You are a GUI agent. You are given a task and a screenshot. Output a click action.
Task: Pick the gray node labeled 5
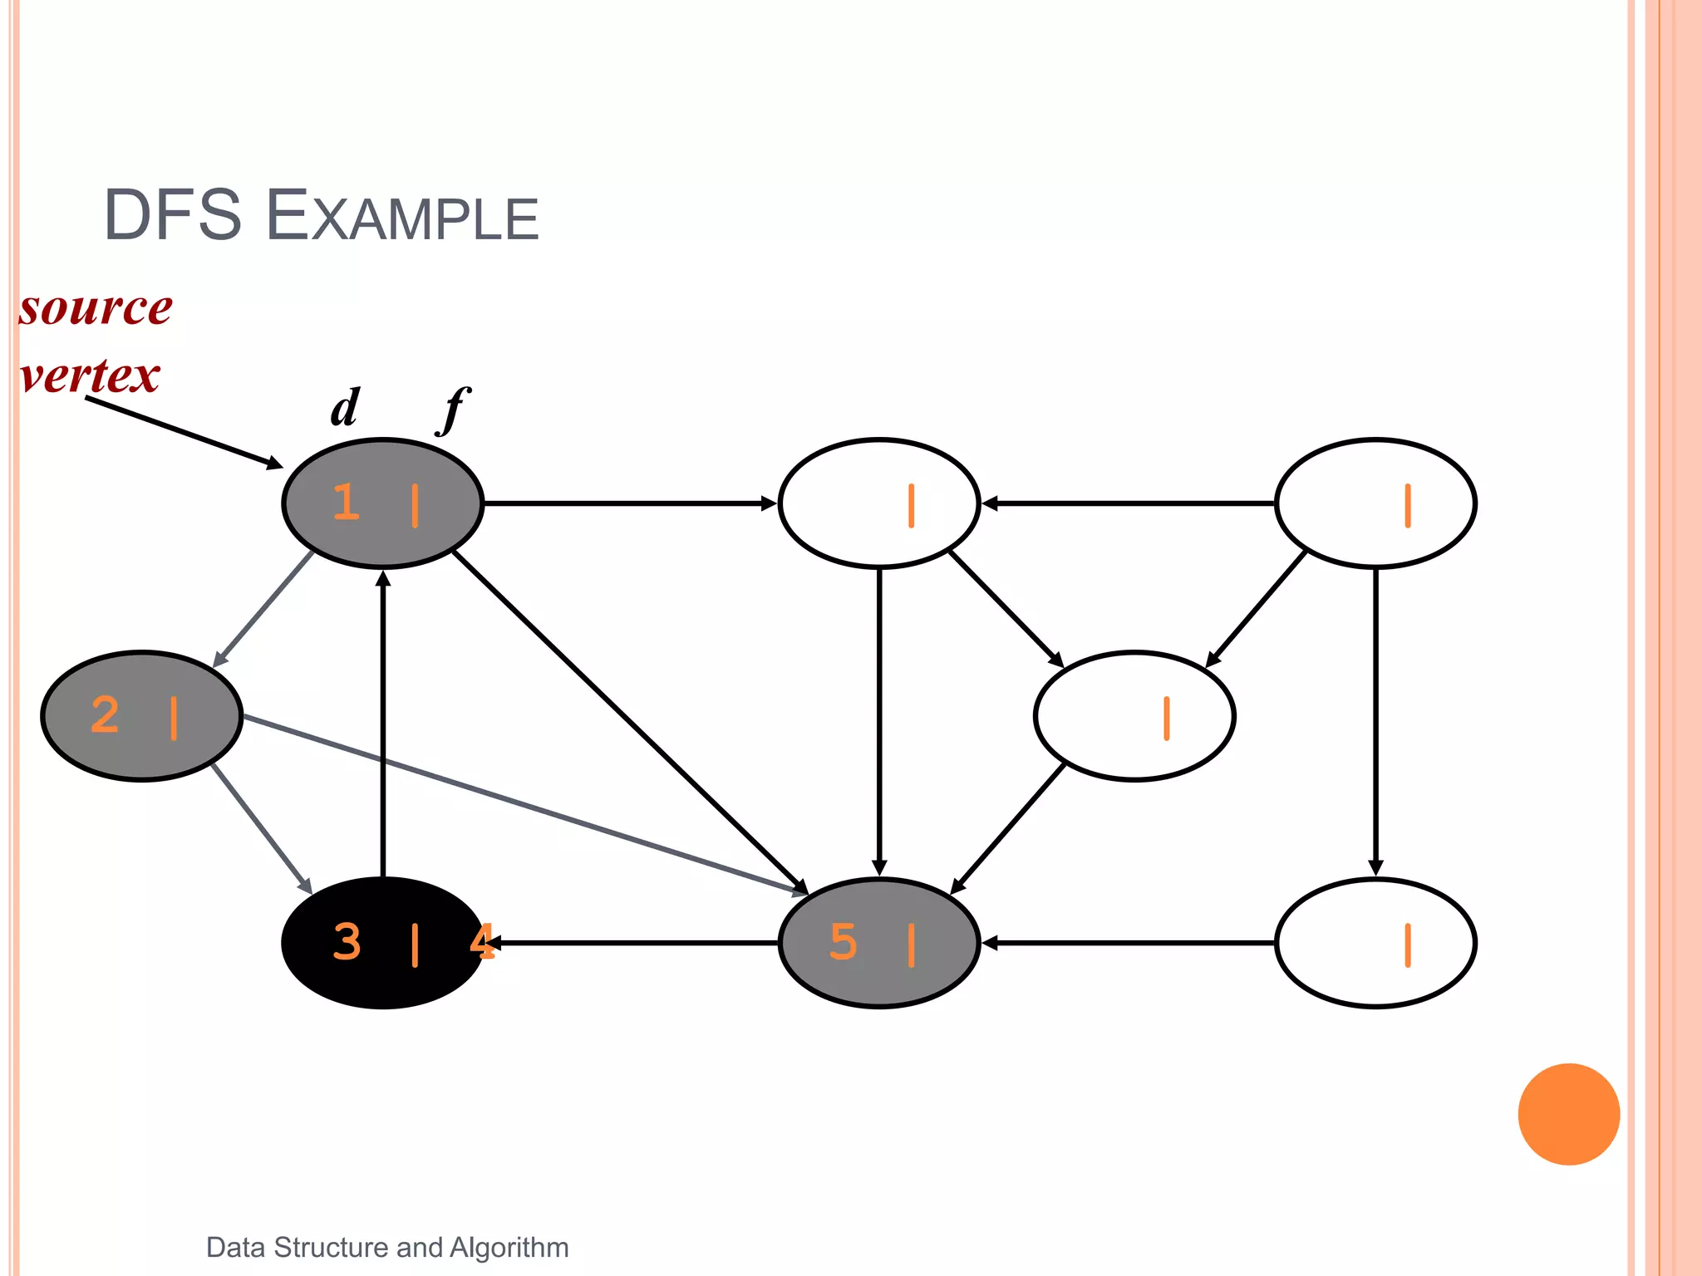click(x=878, y=943)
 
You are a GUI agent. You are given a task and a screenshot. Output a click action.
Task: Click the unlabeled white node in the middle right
click(x=1134, y=716)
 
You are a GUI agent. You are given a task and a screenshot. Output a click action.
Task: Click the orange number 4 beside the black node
click(x=482, y=942)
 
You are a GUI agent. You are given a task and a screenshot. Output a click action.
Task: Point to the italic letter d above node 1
click(x=345, y=408)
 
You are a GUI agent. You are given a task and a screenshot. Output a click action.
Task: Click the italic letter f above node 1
click(x=454, y=408)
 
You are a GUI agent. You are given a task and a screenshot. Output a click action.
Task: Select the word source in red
click(x=96, y=309)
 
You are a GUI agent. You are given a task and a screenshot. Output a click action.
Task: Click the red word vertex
click(x=90, y=375)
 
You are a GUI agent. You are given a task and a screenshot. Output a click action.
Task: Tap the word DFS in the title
click(x=172, y=216)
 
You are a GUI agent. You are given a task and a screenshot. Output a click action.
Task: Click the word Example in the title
click(x=402, y=218)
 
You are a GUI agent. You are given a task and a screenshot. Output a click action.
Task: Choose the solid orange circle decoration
click(x=1568, y=1114)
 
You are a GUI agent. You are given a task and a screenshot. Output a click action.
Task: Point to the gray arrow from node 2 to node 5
click(x=524, y=804)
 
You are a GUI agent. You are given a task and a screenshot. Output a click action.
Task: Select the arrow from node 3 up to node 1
click(x=382, y=723)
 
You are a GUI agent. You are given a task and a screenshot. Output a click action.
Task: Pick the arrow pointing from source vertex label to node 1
click(x=183, y=432)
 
